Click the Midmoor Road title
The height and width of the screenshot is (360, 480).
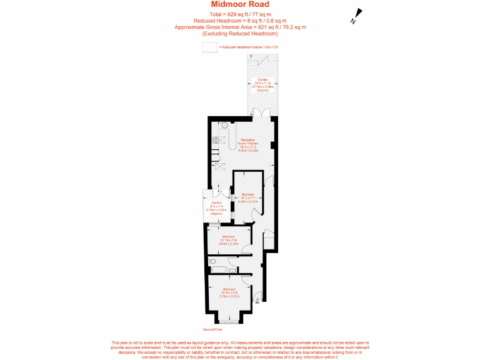point(240,4)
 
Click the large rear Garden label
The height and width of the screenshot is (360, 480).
point(262,84)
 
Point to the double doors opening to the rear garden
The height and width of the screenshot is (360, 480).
point(261,113)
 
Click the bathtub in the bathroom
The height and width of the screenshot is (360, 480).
point(220,270)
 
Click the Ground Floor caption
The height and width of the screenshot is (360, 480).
point(212,329)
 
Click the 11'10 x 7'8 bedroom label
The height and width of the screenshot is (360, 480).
point(228,240)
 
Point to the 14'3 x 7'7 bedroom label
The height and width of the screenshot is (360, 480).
point(247,198)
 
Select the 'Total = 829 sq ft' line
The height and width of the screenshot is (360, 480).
point(240,13)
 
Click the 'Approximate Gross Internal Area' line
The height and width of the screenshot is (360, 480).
point(240,27)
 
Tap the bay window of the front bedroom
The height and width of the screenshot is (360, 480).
point(228,321)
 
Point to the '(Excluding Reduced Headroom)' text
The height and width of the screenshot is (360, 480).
point(240,34)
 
